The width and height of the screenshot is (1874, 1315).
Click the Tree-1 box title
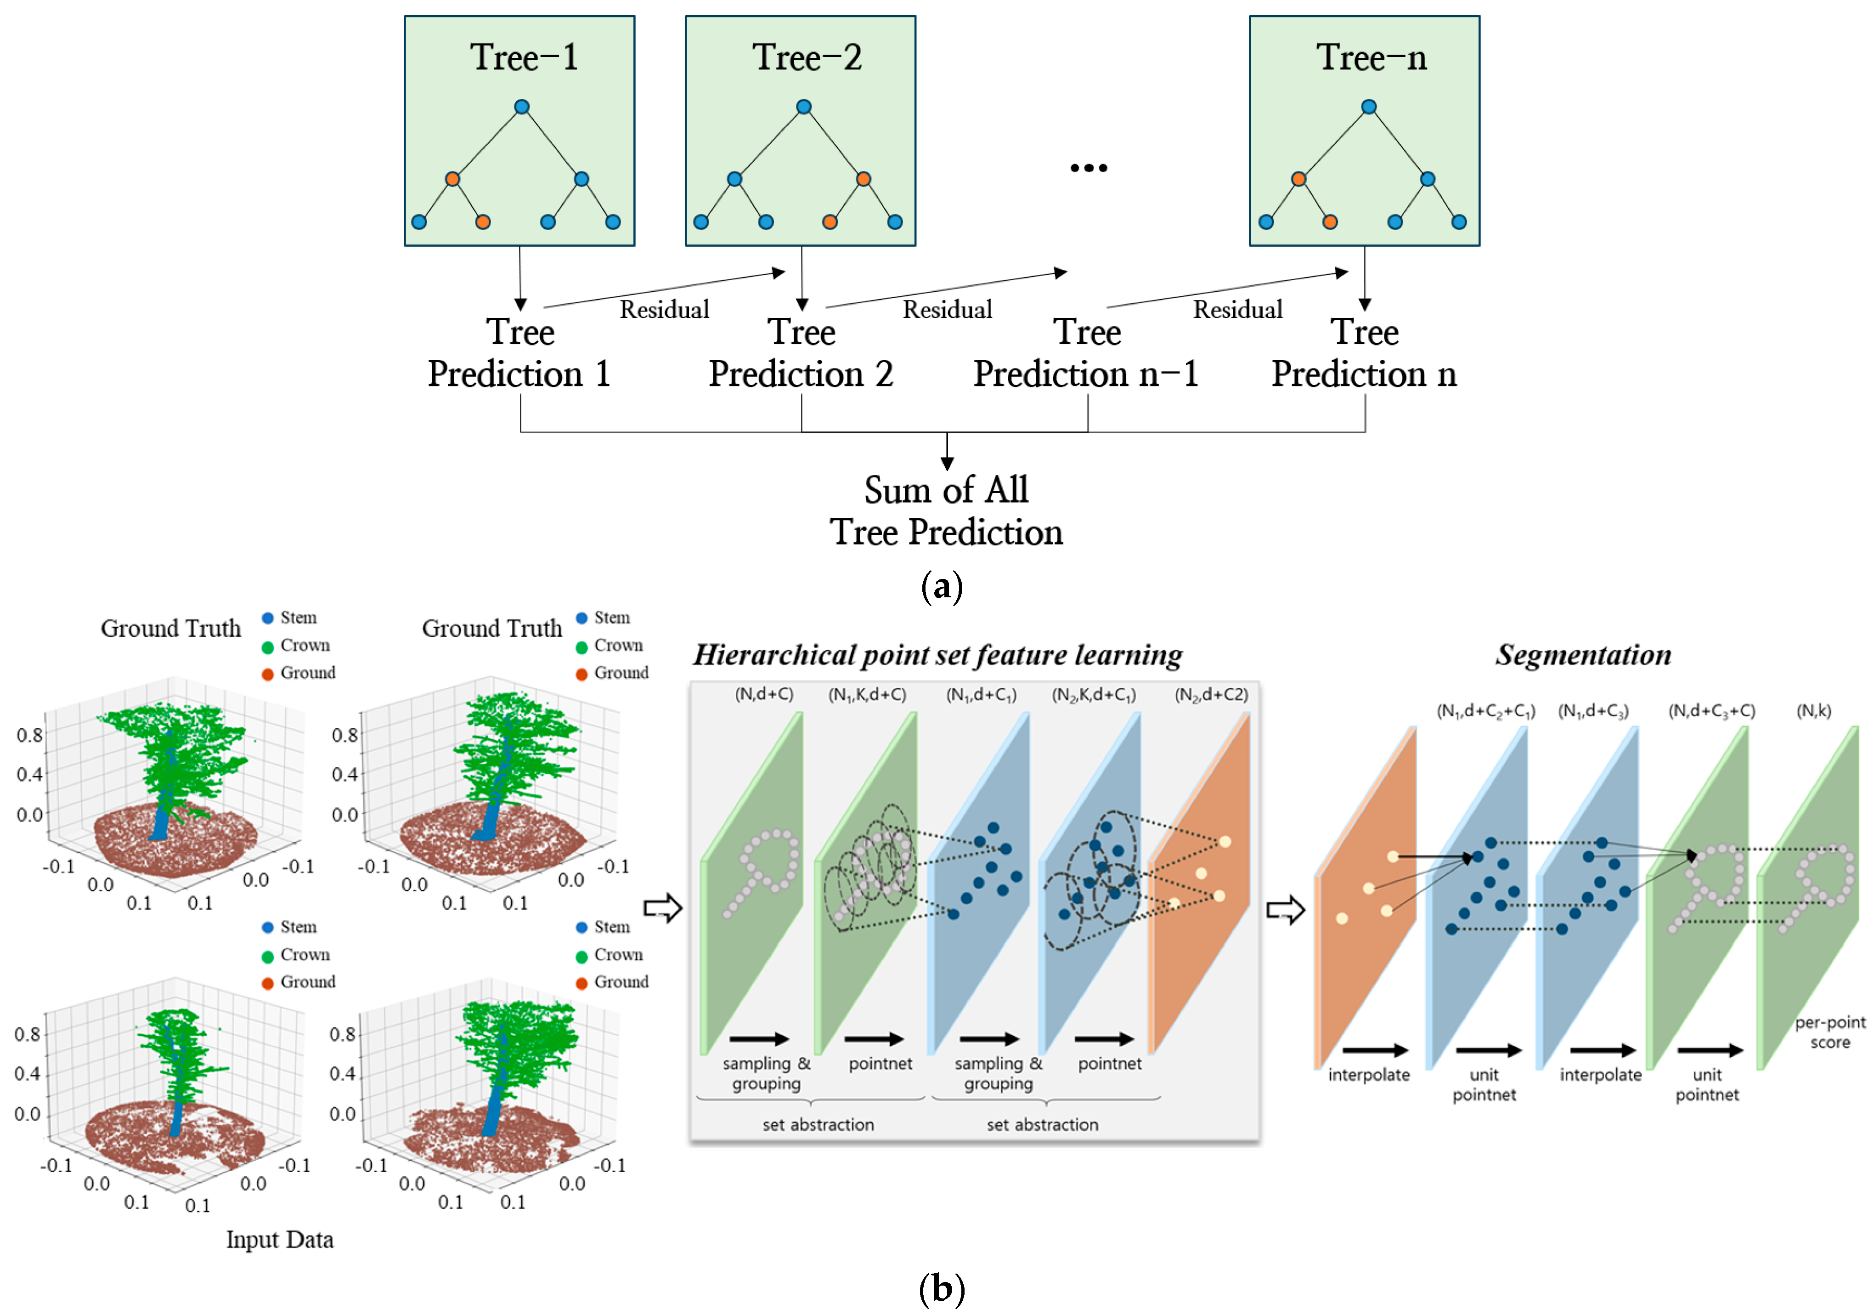(523, 57)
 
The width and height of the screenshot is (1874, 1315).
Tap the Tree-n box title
(1371, 57)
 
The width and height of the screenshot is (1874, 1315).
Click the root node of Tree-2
(803, 107)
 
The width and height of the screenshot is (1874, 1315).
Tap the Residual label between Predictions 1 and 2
(664, 309)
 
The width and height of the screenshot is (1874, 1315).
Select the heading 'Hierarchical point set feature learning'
(937, 655)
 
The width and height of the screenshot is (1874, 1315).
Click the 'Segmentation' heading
(1583, 655)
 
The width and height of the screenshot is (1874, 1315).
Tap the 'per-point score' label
(1829, 1032)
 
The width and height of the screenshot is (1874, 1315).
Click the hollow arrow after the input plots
(662, 908)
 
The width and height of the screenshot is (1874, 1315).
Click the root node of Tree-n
(1369, 107)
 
